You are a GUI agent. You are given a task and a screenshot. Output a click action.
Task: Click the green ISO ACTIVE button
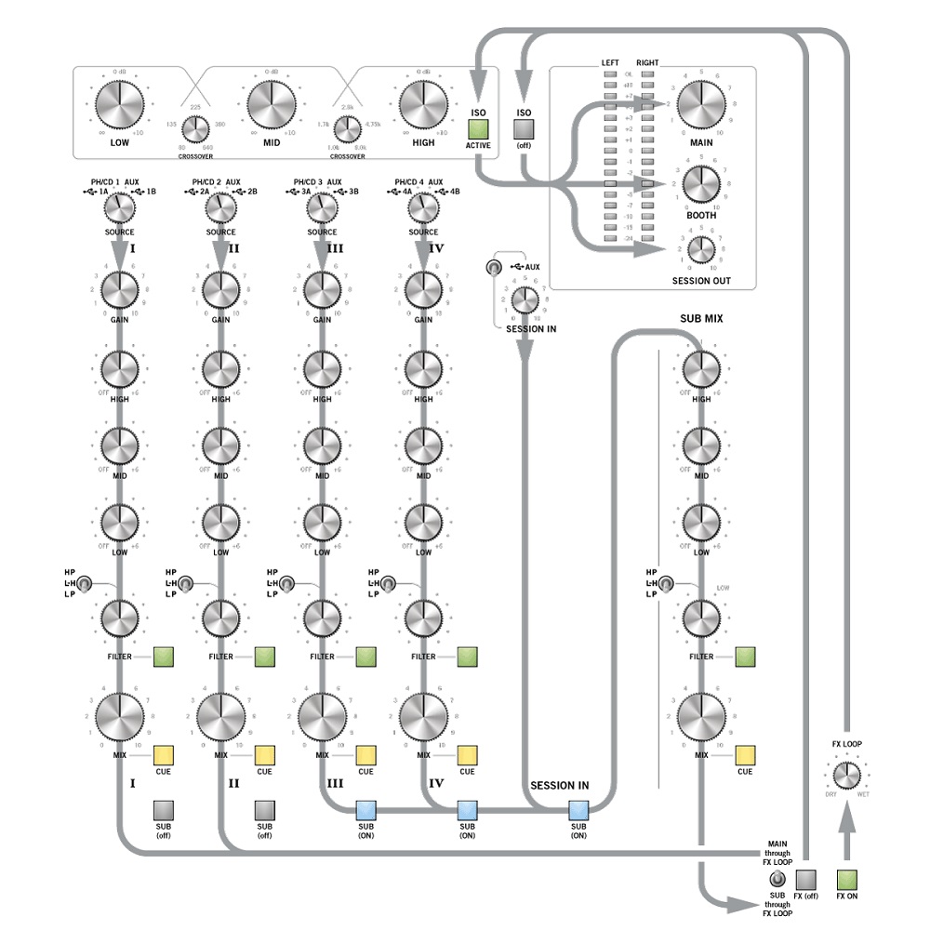[479, 129]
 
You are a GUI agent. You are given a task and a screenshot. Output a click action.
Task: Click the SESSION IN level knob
[525, 299]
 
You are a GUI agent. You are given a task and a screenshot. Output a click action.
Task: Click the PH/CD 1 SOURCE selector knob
[120, 206]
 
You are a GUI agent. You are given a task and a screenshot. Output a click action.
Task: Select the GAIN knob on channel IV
[423, 291]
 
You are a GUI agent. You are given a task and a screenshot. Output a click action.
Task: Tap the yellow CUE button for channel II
[264, 754]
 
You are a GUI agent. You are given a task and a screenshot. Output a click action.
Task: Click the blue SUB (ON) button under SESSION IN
[578, 808]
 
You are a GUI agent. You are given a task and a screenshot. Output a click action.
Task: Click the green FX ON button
[846, 879]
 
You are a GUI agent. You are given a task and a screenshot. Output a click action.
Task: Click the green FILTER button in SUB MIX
[746, 657]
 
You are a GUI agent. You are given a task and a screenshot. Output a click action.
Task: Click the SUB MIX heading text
[702, 318]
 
